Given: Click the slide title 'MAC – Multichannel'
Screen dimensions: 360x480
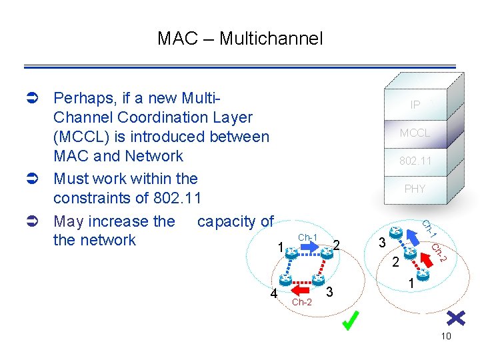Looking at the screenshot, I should [240, 39].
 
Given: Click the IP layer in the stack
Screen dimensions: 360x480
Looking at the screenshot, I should [415, 105].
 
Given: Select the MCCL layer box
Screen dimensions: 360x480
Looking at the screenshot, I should [415, 133].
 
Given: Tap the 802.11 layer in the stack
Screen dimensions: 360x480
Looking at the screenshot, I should [415, 161].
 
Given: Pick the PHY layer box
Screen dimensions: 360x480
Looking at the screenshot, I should [415, 189].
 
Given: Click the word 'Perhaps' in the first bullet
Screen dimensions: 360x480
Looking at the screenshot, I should [82, 99].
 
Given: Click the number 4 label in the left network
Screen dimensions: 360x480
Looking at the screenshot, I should [273, 293].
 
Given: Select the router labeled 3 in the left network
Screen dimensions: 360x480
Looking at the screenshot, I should [319, 280].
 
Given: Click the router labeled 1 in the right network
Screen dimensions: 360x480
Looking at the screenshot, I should [422, 273].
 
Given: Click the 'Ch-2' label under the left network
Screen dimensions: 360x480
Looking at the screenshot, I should [302, 302].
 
